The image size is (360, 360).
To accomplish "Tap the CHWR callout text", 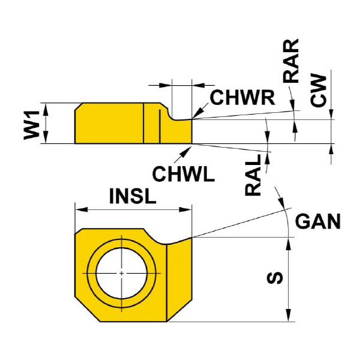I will pyautogui.click(x=242, y=97).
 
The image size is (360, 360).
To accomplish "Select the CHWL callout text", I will pyautogui.click(x=182, y=174).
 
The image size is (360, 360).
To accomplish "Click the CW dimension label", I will pyautogui.click(x=319, y=91).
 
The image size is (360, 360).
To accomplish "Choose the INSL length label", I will pyautogui.click(x=132, y=196).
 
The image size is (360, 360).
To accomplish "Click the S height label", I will pyautogui.click(x=275, y=278).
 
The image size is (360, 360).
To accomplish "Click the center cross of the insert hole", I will pyautogui.click(x=121, y=273).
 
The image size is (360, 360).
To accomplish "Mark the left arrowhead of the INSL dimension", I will pyautogui.click(x=77, y=209).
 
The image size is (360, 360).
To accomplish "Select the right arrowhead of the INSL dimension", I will pyautogui.click(x=188, y=209).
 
